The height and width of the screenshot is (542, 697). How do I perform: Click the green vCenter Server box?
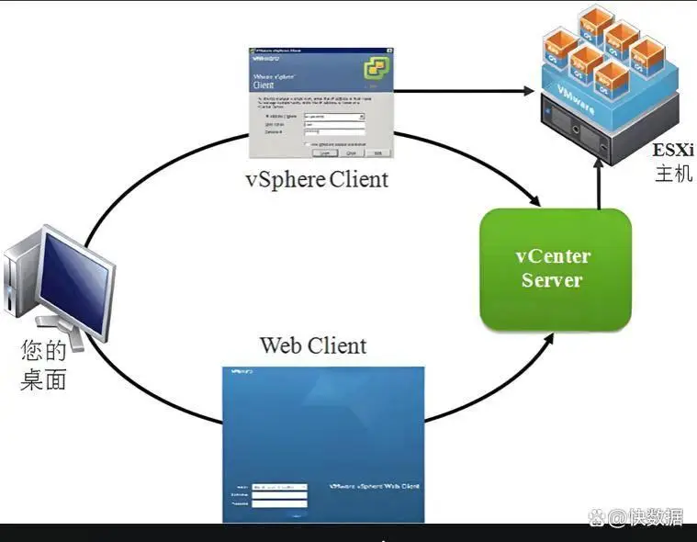coord(555,269)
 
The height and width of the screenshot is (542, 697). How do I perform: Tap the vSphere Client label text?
coord(317,178)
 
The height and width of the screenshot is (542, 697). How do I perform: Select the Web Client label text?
coord(313,345)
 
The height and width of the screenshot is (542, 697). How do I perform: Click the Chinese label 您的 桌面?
coord(44,364)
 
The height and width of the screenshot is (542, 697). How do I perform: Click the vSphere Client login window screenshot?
coord(321,102)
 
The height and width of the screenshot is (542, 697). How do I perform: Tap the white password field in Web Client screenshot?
coord(278,502)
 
